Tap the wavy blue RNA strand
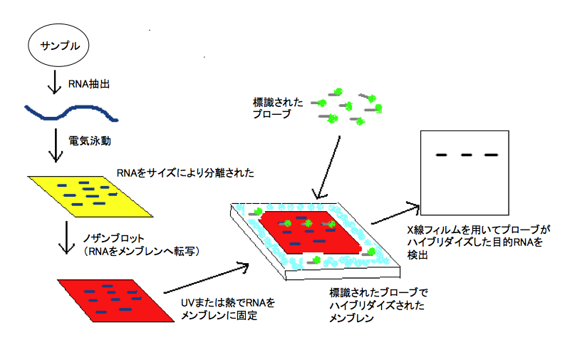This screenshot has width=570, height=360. pos(71,111)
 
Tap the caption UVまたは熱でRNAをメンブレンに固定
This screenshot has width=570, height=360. pos(228,309)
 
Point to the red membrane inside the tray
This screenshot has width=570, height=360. pos(306,232)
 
